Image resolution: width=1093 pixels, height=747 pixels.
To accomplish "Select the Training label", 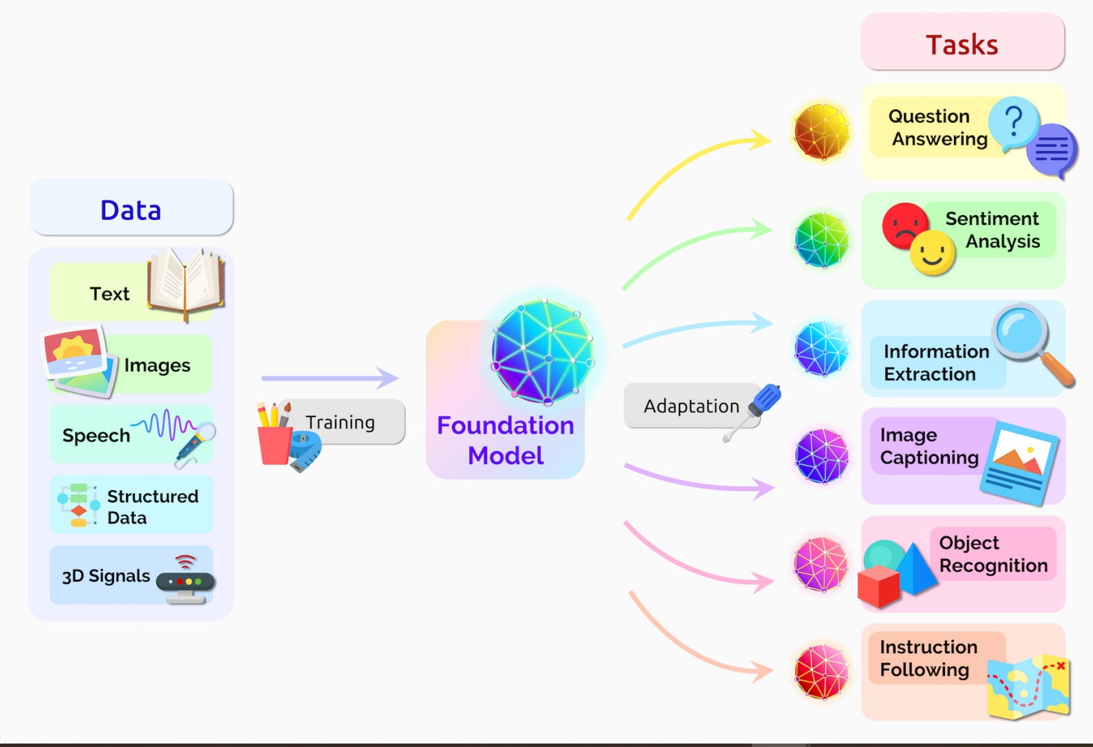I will coord(341,422).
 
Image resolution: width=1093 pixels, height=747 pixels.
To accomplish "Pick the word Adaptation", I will coord(691,406).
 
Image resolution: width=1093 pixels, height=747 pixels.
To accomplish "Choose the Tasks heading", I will coord(962,44).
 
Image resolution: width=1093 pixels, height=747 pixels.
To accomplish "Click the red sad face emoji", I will coord(904,224).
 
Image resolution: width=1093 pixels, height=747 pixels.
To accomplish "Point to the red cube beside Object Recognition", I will coord(879,585).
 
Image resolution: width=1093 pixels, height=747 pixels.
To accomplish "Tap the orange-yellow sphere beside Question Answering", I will coord(822,131).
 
